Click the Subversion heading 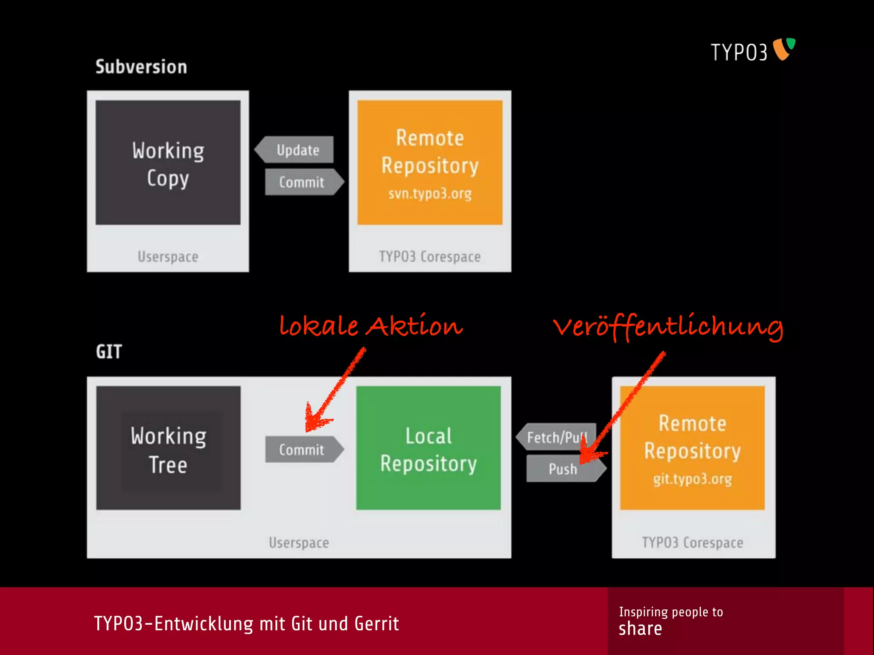[x=141, y=67]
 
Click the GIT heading [x=109, y=352]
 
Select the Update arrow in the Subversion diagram [x=297, y=150]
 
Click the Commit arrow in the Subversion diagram [x=302, y=182]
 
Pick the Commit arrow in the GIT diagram [x=302, y=449]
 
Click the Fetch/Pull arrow [x=556, y=437]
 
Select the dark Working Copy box [x=168, y=163]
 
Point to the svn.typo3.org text [x=430, y=194]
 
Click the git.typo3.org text [x=692, y=479]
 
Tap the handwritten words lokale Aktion [x=370, y=326]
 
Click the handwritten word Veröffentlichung [x=668, y=327]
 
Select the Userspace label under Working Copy [x=168, y=257]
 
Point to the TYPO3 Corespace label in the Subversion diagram [x=430, y=257]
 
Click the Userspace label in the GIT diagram [x=299, y=542]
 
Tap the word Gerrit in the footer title [x=376, y=624]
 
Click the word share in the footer [x=640, y=629]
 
